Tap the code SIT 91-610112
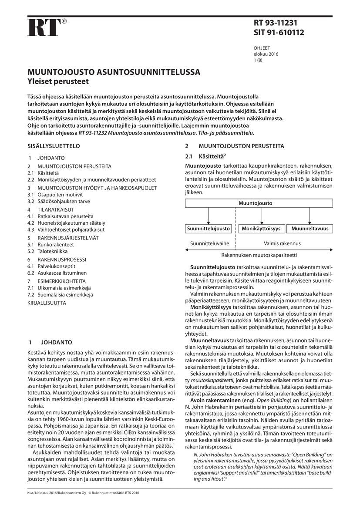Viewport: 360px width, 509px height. coord(279,32)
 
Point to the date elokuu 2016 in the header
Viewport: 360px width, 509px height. coord(266,54)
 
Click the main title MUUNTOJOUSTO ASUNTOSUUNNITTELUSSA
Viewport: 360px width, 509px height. coord(114,72)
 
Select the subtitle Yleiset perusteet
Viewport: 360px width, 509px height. coord(59,81)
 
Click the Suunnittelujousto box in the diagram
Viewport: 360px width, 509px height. coord(209,228)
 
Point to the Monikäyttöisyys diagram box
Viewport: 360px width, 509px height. coord(261,228)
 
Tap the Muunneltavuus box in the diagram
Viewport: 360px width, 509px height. coord(310,228)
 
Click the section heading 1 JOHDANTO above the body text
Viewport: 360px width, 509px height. coord(50,342)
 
